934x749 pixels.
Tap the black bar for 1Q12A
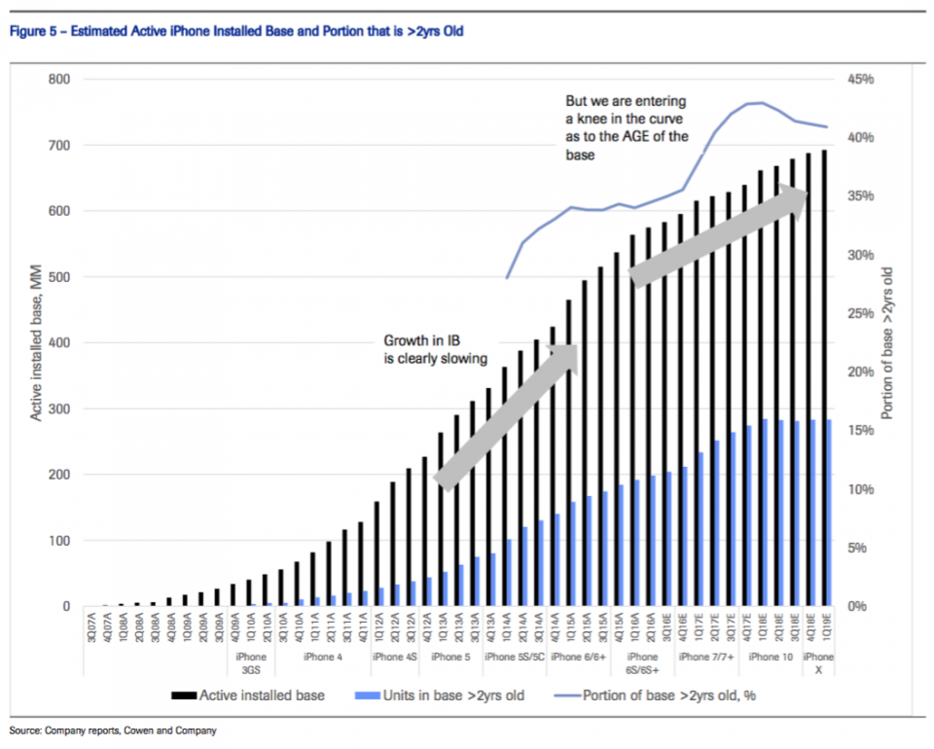(376, 554)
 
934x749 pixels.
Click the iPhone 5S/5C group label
(514, 658)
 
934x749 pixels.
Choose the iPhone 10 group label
(771, 658)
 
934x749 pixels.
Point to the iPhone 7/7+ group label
(706, 658)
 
